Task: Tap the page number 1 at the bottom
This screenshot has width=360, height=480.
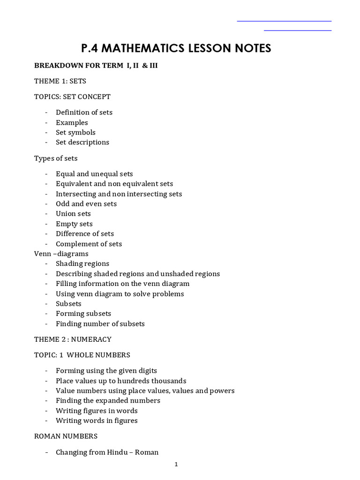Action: point(176,465)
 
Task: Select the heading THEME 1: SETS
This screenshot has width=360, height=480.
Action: point(60,81)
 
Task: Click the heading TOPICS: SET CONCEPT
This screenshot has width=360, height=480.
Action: point(72,97)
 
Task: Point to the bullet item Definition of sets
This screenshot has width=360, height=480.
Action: point(84,112)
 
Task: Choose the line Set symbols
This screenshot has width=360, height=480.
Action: point(75,132)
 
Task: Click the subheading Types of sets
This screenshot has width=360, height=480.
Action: point(56,158)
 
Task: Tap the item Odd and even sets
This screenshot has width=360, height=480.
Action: point(86,203)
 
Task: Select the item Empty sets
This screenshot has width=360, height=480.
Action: point(74,224)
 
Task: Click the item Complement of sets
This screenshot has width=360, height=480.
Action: point(89,244)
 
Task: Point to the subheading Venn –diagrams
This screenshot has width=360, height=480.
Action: point(61,254)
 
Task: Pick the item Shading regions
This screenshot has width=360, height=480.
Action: point(82,263)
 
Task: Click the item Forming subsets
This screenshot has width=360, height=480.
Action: point(83,314)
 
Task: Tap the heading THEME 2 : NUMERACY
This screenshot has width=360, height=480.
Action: point(73,339)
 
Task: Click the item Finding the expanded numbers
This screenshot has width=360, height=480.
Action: point(108,400)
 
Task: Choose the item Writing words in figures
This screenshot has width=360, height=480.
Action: point(97,420)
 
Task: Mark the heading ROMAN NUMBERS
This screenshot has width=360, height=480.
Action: point(66,436)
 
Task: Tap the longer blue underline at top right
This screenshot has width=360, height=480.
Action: point(284,21)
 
